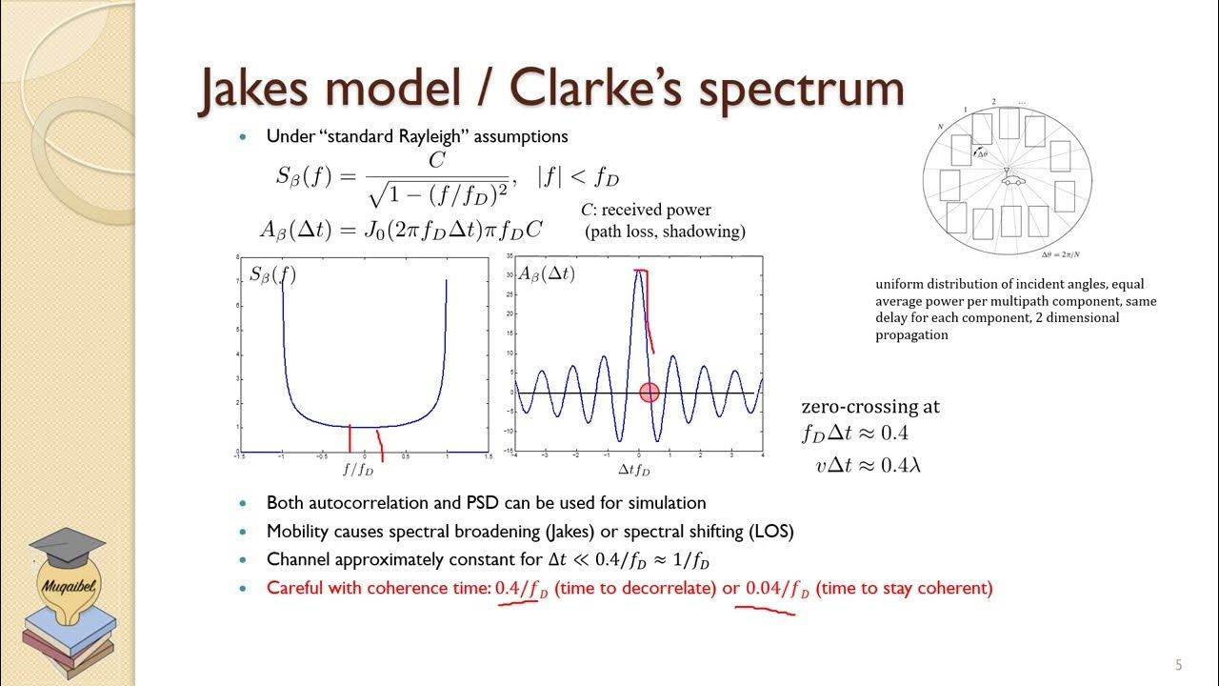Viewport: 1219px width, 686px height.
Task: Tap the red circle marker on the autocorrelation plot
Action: click(649, 393)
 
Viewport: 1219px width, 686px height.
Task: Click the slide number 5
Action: click(1178, 665)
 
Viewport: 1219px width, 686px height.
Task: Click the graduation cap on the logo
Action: click(67, 547)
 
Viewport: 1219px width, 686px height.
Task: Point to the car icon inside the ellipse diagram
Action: click(1011, 179)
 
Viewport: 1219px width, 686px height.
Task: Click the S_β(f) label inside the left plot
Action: click(272, 275)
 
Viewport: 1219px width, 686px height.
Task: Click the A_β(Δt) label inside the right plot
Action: click(547, 274)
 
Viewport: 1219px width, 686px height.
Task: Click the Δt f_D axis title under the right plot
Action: click(634, 471)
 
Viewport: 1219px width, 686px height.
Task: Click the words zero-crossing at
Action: click(870, 407)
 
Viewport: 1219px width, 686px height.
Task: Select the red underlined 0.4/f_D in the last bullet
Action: click(521, 589)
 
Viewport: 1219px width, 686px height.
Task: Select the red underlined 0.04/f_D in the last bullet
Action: click(777, 589)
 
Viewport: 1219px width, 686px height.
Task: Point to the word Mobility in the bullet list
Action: click(301, 531)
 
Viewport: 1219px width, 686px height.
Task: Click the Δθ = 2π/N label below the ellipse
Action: click(1066, 254)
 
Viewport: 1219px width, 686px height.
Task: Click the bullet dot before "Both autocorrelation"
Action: click(245, 503)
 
